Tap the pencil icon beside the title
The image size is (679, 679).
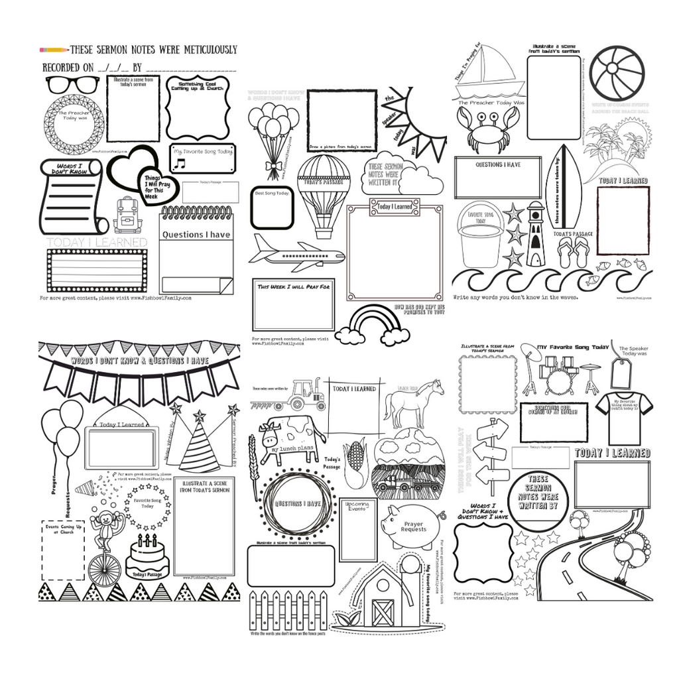54,50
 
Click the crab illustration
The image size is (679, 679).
487,129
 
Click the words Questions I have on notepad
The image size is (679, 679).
196,234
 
